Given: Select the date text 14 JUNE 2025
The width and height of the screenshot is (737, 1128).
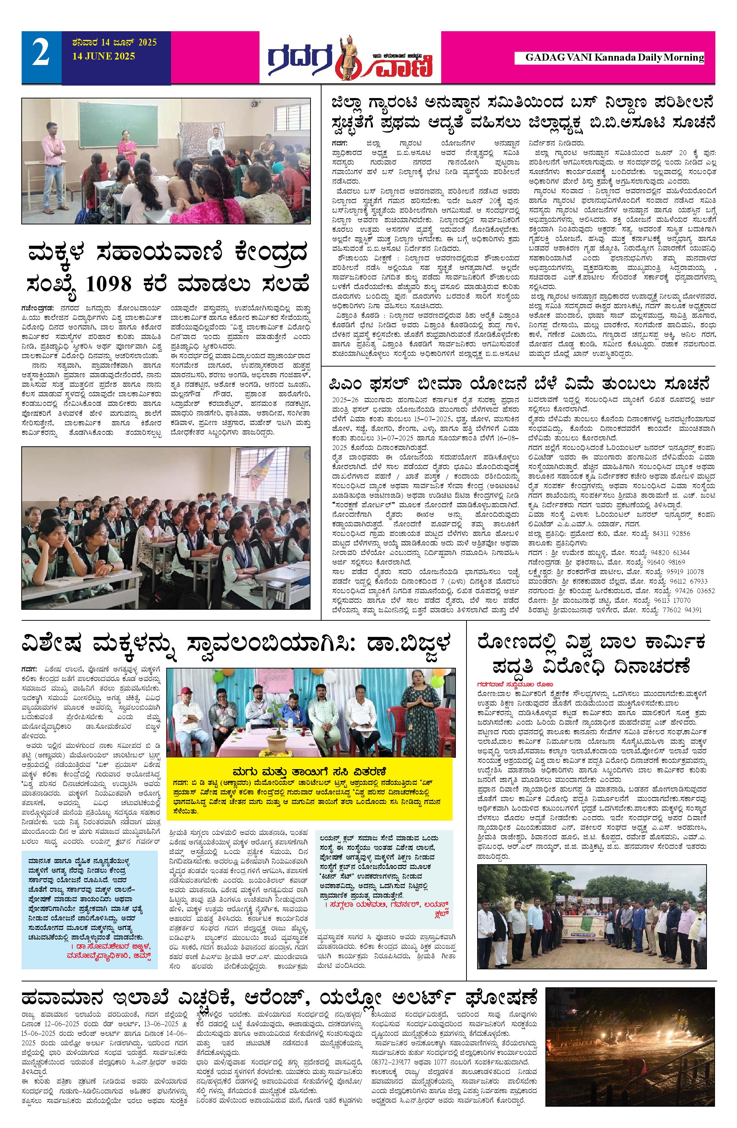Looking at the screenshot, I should point(103,57).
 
